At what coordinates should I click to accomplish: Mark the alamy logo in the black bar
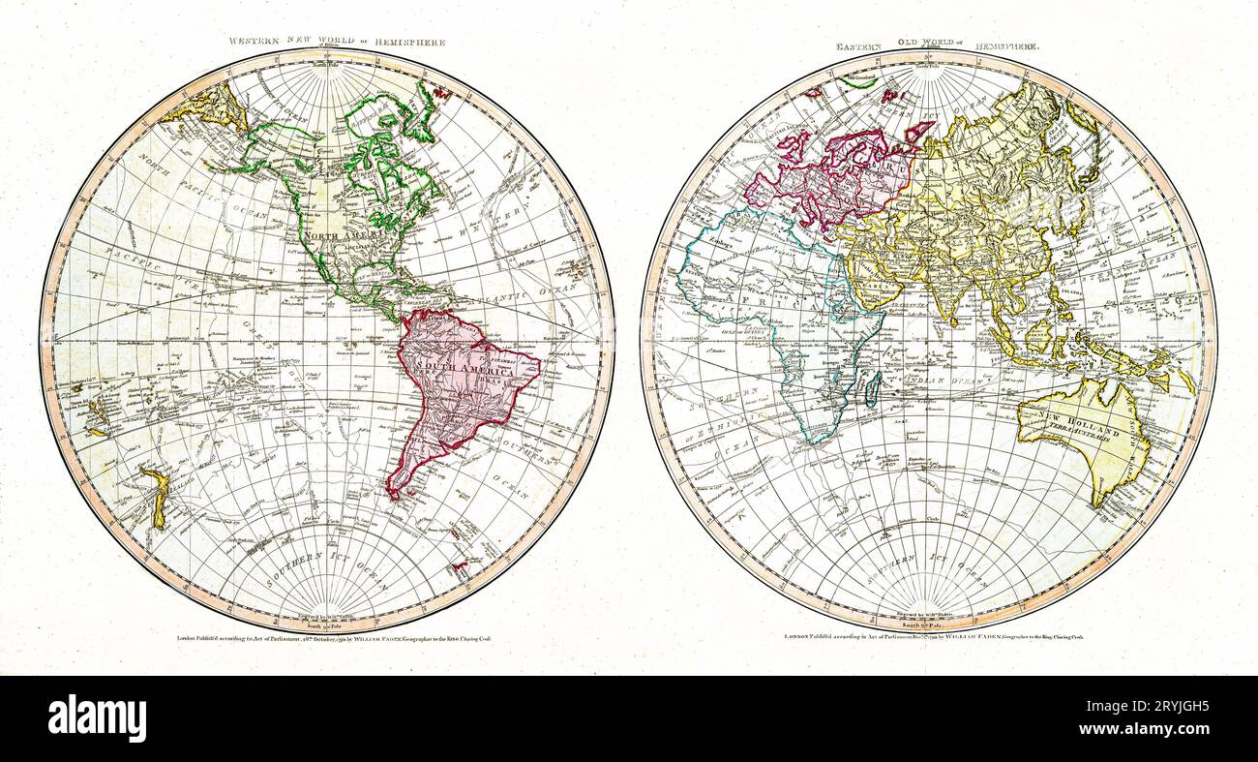pos(97,719)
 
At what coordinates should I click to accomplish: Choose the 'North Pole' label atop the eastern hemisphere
pos(928,66)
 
